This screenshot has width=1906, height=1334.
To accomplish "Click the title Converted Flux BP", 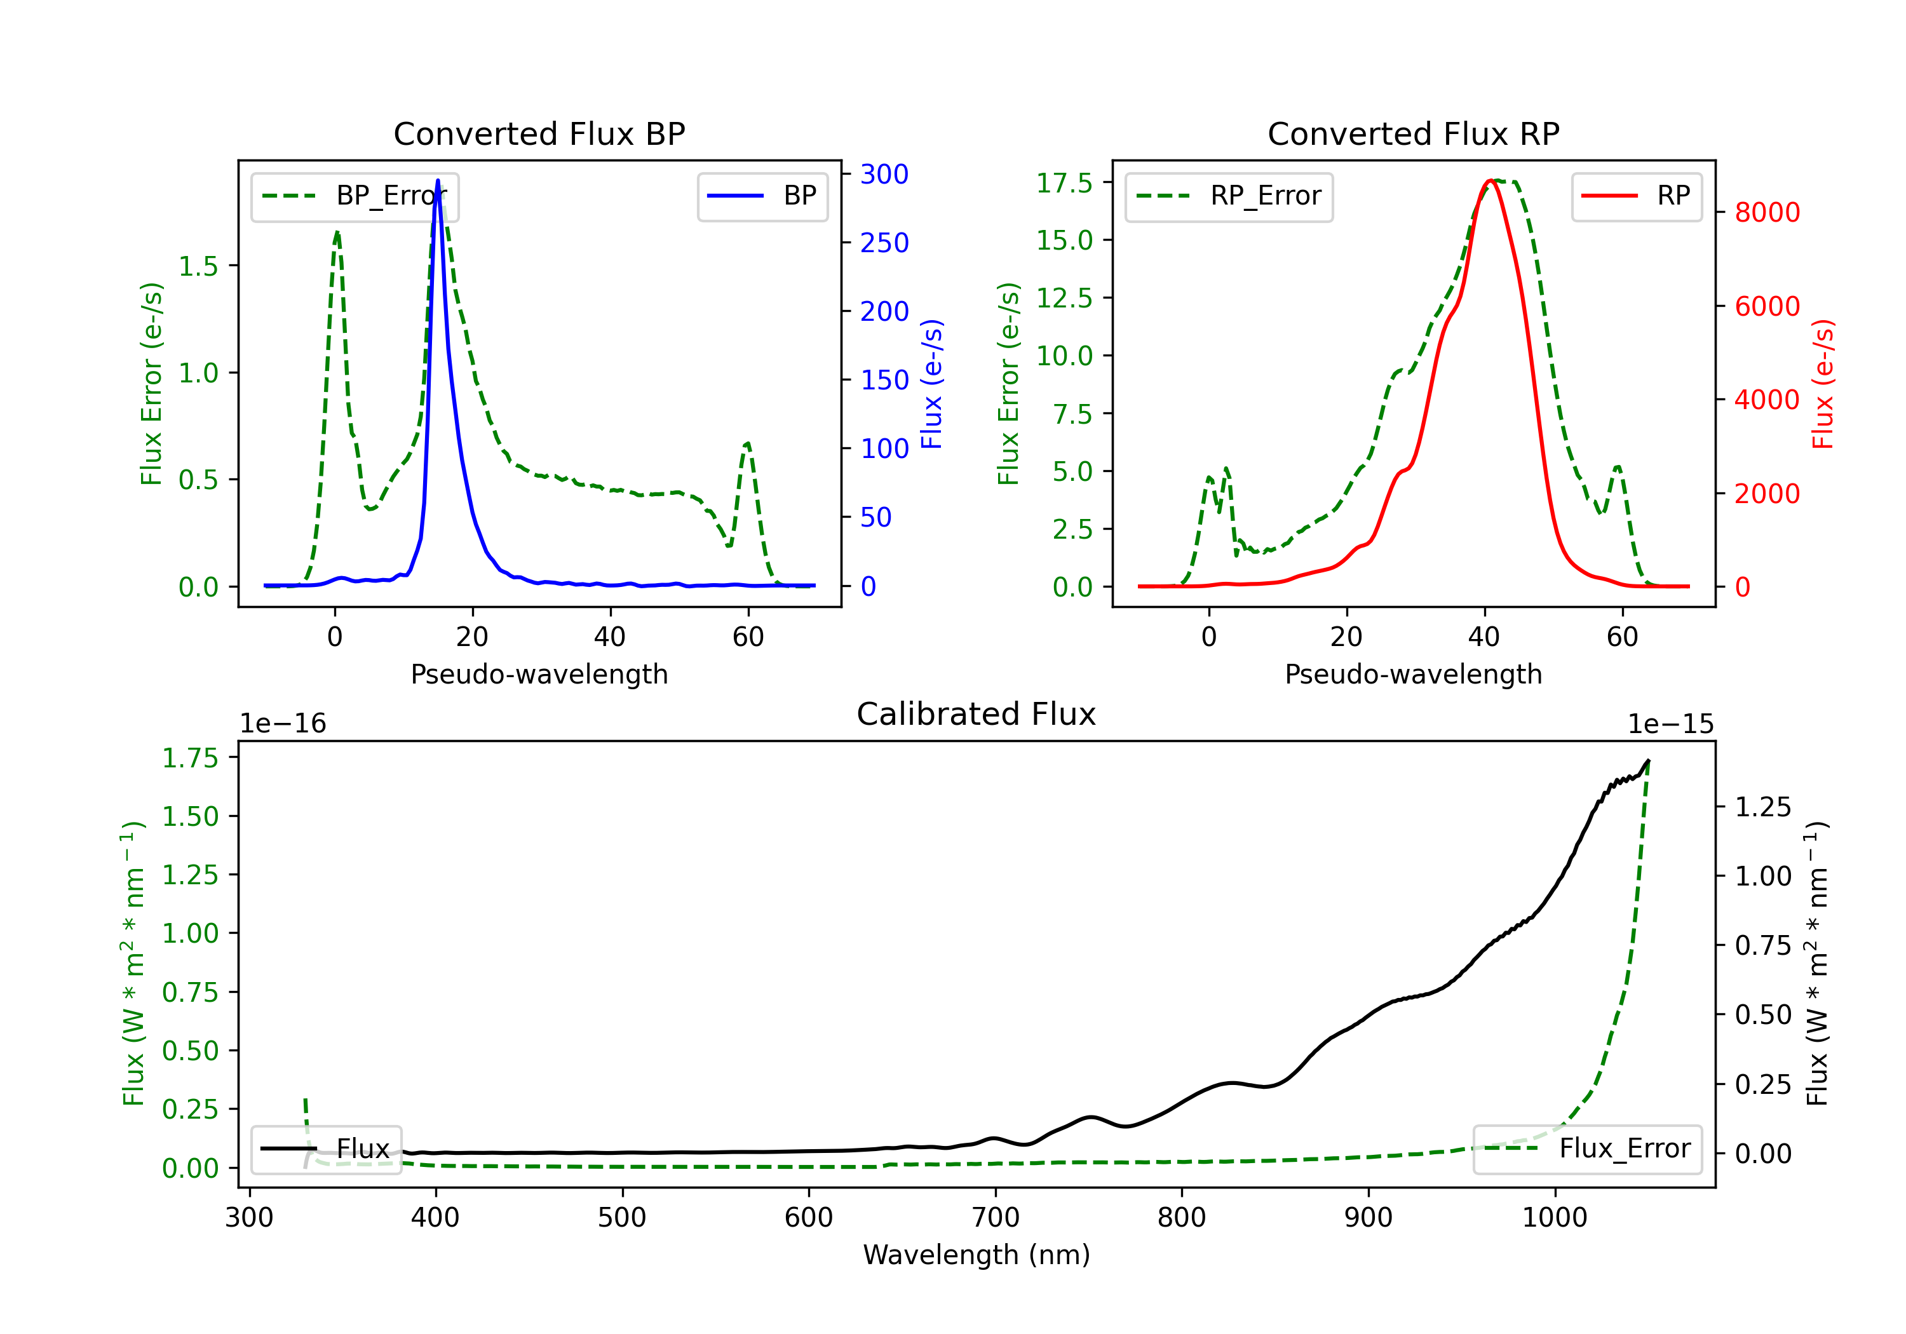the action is pyautogui.click(x=539, y=133).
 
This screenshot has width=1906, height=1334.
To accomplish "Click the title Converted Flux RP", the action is pyautogui.click(x=1413, y=133).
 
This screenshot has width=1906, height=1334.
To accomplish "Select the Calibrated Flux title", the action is pyautogui.click(x=977, y=714).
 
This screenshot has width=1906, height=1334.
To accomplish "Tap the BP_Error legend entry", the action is pyautogui.click(x=355, y=196).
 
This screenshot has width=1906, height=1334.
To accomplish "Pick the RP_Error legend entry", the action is pyautogui.click(x=1229, y=196).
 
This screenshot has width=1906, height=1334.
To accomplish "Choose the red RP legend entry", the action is pyautogui.click(x=1635, y=196).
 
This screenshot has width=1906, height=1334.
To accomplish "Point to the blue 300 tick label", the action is pyautogui.click(x=884, y=174).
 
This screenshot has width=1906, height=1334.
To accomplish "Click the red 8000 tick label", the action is pyautogui.click(x=1767, y=213).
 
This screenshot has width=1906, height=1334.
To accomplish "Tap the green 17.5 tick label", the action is pyautogui.click(x=1064, y=182).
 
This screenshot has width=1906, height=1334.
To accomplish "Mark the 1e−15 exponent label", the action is pyautogui.click(x=1670, y=724).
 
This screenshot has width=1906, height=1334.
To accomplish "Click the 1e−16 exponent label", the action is pyautogui.click(x=283, y=724).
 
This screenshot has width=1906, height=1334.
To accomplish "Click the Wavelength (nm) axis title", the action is pyautogui.click(x=977, y=1255).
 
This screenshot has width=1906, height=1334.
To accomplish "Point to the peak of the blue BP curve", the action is pyautogui.click(x=438, y=180).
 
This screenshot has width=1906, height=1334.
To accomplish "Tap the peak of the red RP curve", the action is pyautogui.click(x=1491, y=181).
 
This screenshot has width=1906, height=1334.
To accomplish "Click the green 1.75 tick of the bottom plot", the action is pyautogui.click(x=190, y=758).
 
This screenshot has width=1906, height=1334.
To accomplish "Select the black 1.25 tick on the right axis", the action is pyautogui.click(x=1763, y=807).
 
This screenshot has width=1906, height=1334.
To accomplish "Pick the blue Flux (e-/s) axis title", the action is pyautogui.click(x=931, y=384).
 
